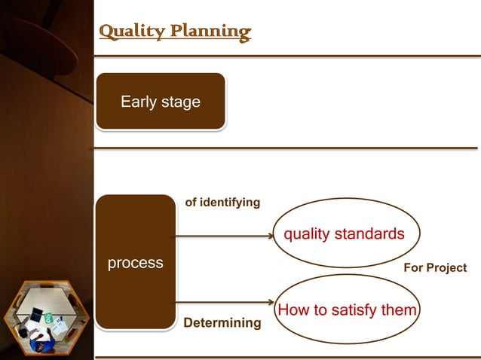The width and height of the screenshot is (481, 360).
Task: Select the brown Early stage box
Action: pos(160,102)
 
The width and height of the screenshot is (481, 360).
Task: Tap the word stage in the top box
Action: pos(180,102)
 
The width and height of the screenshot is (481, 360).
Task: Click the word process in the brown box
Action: pos(136,263)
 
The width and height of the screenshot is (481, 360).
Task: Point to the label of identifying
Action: pos(222,203)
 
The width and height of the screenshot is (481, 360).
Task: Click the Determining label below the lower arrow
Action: pos(222,323)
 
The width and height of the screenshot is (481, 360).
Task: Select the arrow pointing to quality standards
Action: pos(226,236)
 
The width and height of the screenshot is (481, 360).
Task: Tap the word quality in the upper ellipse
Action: pos(306,234)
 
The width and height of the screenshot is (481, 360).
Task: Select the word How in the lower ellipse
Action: pos(292,310)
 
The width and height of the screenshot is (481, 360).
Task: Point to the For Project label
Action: pos(435,268)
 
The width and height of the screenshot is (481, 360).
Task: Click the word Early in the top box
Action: pos(139,102)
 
